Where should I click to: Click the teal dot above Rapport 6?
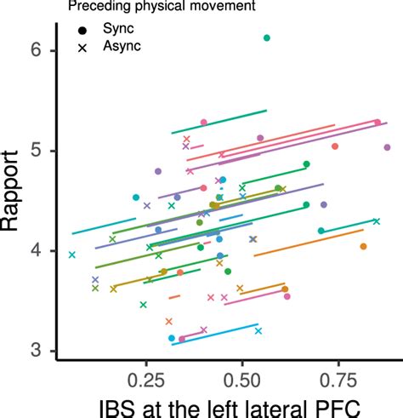(267, 38)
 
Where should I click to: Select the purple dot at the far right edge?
(387, 147)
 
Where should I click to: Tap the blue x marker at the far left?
(72, 255)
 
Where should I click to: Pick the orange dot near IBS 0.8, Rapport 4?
(364, 246)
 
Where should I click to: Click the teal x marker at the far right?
(377, 221)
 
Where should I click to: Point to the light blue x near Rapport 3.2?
(258, 330)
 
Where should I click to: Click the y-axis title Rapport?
(17, 201)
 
